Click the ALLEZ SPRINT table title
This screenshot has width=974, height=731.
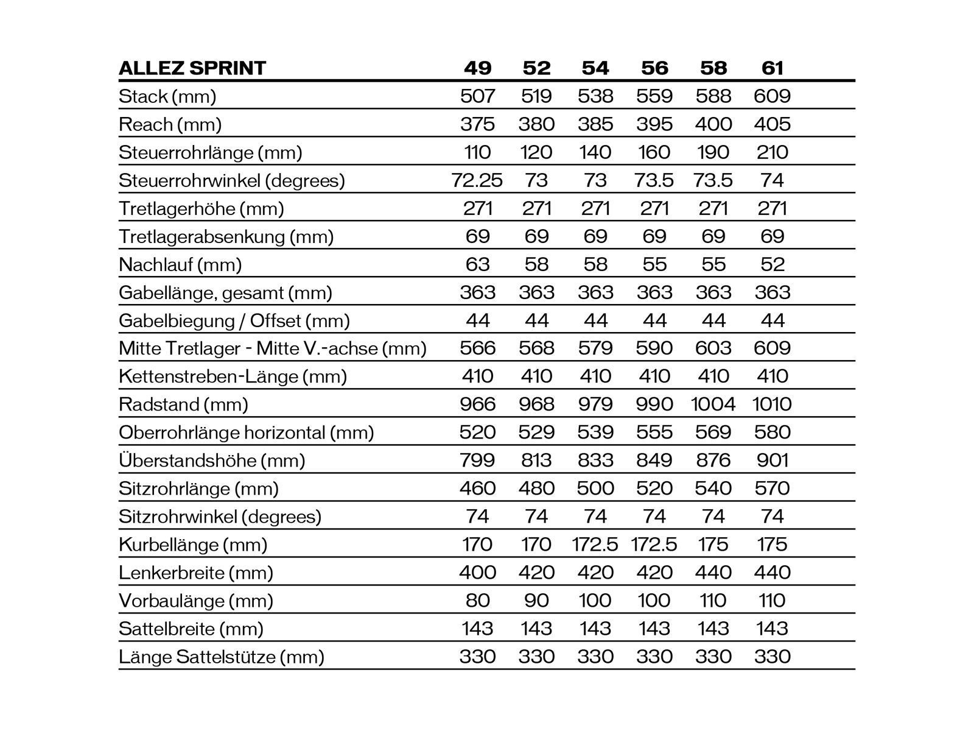point(192,68)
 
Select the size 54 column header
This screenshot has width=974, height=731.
point(595,68)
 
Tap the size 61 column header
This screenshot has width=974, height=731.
point(772,68)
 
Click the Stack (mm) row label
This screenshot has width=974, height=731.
point(167,96)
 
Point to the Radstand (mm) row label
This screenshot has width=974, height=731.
point(183,404)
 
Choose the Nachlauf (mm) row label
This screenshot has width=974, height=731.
point(180,264)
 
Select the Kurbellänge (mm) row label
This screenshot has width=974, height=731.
point(193,545)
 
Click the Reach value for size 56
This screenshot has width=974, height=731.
point(654,124)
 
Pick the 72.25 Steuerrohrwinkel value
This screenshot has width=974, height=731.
point(477,180)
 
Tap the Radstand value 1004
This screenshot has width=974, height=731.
point(713,404)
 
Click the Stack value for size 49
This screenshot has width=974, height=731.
point(477,96)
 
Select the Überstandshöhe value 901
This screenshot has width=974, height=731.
point(772,461)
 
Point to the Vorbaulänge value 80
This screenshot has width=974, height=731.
point(477,601)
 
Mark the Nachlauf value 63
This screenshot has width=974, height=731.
point(477,264)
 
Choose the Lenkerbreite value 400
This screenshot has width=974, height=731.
point(477,573)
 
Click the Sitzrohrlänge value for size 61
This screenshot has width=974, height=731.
point(772,489)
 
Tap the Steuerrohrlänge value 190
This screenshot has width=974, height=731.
point(713,152)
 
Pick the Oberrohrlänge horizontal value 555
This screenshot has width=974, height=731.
point(654,433)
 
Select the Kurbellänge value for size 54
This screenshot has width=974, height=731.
point(595,545)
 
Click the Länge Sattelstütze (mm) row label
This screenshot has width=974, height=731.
point(221,657)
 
